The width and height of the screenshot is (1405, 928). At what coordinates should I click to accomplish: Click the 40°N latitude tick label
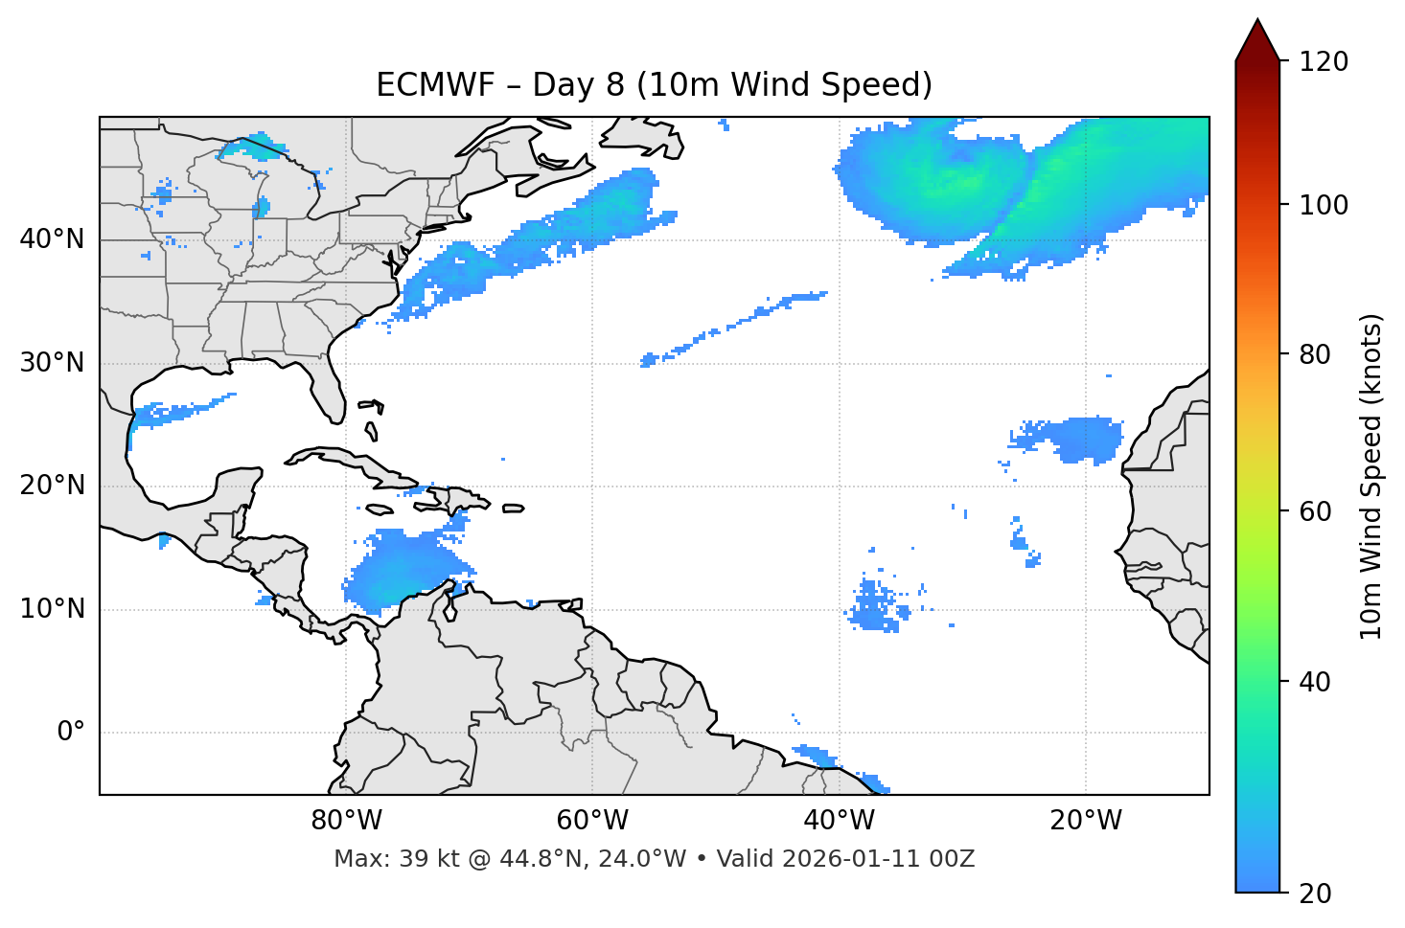[x=52, y=239]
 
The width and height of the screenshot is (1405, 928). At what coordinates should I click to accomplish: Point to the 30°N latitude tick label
[x=52, y=363]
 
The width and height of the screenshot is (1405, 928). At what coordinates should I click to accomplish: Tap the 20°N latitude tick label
[x=52, y=486]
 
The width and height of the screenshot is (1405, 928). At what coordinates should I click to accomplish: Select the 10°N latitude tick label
[x=52, y=609]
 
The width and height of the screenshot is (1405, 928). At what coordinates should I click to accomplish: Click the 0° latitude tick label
[x=71, y=733]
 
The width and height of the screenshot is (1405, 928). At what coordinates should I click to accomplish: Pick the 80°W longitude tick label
[x=346, y=821]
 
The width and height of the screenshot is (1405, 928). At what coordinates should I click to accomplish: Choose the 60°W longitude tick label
[x=592, y=821]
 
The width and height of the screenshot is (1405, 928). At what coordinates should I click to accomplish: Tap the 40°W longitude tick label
[x=840, y=821]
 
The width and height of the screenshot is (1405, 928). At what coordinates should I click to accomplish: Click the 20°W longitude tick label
[x=1086, y=821]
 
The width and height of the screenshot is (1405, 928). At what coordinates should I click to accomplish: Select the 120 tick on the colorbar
[x=1324, y=62]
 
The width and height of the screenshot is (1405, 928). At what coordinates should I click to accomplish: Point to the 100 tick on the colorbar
[x=1324, y=205]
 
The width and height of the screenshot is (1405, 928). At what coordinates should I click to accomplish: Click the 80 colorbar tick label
[x=1315, y=354]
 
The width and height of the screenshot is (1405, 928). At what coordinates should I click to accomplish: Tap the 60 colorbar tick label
[x=1315, y=511]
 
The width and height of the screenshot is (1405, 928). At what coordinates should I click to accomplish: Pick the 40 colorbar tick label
[x=1315, y=682]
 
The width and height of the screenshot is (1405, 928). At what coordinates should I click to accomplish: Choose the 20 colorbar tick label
[x=1315, y=894]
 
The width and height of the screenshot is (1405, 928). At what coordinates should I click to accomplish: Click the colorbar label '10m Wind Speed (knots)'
[x=1371, y=476]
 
